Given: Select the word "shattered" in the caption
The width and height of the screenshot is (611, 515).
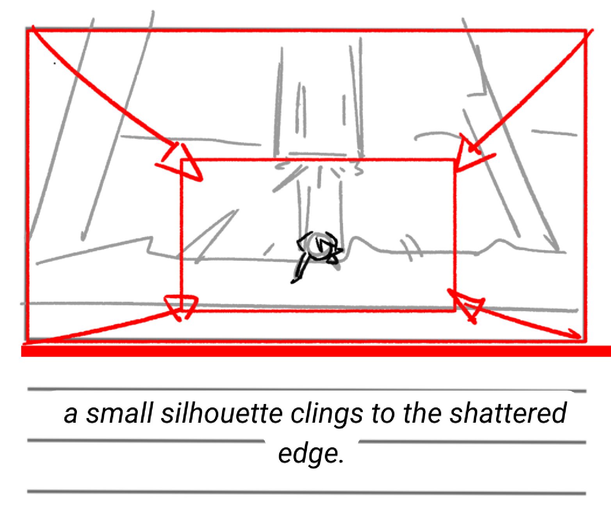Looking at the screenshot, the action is coord(508,414).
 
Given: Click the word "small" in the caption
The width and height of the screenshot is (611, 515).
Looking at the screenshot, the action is coord(119,414).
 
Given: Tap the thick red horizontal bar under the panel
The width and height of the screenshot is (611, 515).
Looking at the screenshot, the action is coord(316,351).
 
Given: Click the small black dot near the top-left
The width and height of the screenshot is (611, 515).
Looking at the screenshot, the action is coord(54,63).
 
